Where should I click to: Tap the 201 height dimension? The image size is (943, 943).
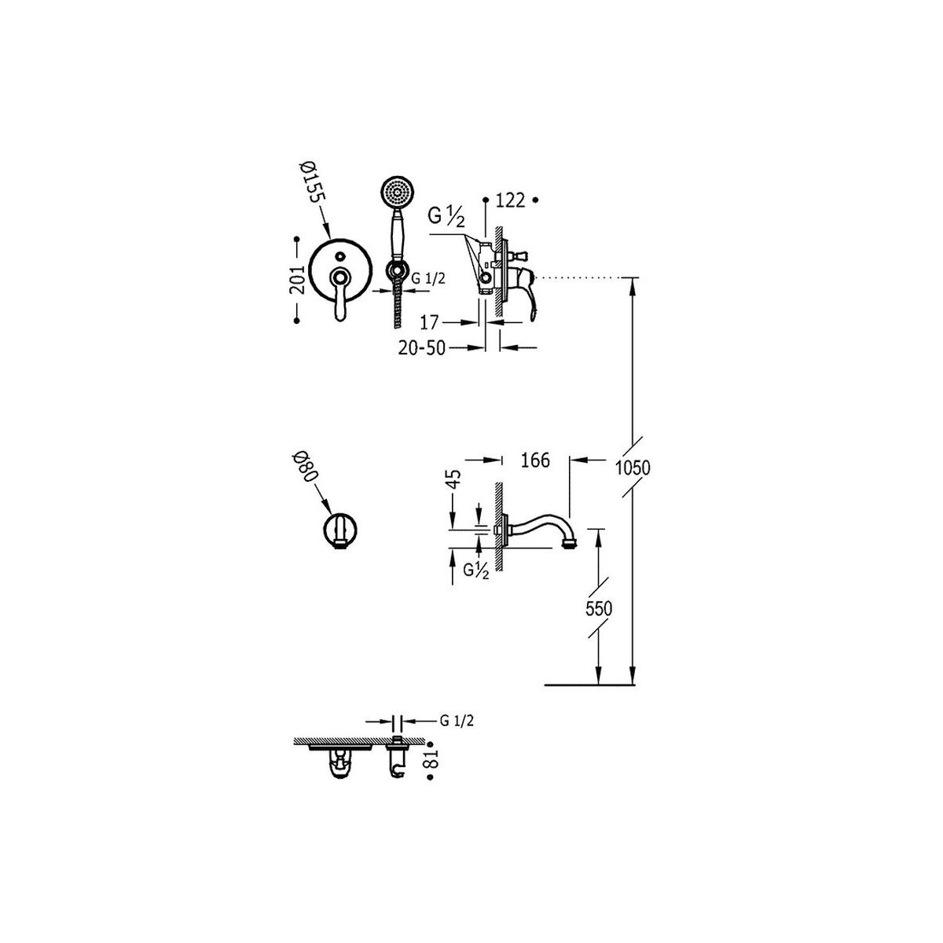coord(297,280)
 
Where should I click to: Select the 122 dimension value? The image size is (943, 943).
coord(511,200)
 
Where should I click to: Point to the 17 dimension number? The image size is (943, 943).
coord(429,322)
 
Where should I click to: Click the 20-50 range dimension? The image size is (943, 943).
coord(422,348)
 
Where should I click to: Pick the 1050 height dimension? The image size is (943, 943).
coord(633,468)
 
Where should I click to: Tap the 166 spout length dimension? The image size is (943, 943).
coord(535,460)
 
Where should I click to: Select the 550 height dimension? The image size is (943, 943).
coord(599,609)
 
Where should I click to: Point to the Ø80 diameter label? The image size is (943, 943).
coord(306,467)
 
